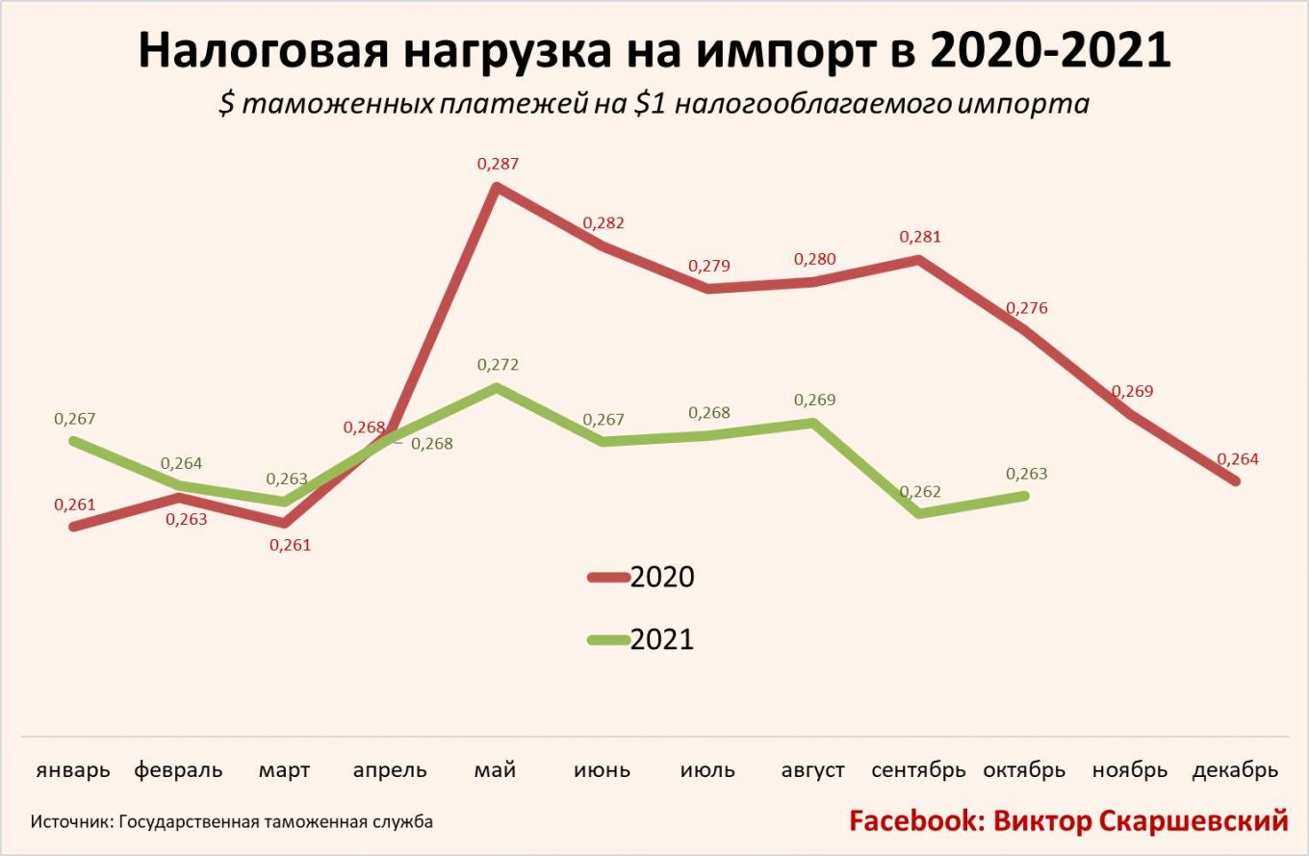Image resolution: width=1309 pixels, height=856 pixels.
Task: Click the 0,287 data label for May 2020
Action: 498,164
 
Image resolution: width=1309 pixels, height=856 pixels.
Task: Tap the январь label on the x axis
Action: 73,770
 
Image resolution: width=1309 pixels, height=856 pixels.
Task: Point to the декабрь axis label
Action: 1235,770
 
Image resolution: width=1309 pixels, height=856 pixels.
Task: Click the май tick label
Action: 496,770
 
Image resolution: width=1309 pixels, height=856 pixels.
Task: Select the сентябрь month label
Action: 918,770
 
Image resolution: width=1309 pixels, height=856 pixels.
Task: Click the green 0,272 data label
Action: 498,365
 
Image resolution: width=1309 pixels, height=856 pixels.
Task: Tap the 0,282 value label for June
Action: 603,223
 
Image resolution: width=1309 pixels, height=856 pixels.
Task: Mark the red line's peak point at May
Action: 496,187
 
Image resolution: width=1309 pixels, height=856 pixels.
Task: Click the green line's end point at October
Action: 1025,496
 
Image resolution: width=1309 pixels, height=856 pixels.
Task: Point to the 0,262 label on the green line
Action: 921,492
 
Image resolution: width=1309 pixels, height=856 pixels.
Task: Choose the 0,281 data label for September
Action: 919,237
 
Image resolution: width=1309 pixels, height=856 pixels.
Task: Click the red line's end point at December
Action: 1236,480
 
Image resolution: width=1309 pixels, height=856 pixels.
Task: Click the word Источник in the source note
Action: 69,822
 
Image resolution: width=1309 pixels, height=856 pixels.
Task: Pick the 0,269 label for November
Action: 1132,392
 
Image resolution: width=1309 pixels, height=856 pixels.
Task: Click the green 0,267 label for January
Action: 75,419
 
